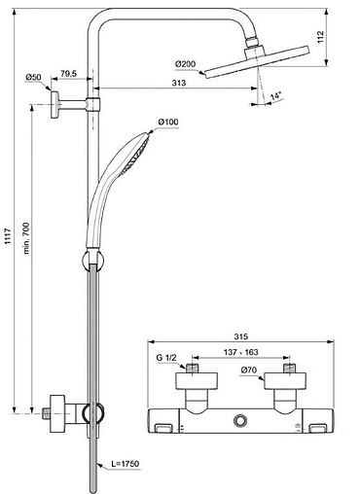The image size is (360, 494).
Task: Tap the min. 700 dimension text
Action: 26,238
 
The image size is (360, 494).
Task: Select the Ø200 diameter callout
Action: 186,64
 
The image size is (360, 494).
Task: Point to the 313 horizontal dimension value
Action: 179,83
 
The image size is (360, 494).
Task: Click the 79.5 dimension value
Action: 68,74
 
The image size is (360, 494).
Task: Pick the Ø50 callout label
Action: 33,77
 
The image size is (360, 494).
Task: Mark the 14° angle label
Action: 276,96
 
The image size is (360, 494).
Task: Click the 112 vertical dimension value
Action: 320,37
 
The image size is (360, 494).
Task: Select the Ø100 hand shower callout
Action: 168,122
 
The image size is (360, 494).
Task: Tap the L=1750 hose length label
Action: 125,464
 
